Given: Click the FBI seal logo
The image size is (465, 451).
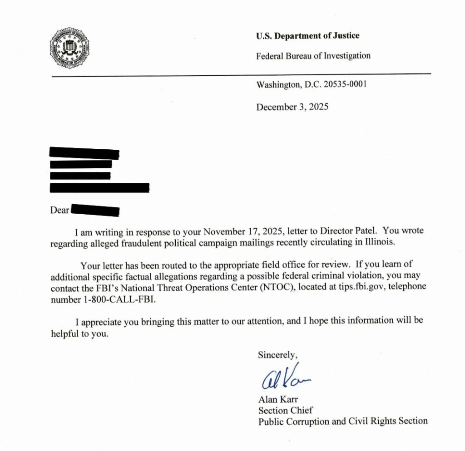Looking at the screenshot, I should point(69,48).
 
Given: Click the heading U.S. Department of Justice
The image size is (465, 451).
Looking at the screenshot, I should point(307,36).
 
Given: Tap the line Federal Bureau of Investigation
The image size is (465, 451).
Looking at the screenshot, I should point(313,56).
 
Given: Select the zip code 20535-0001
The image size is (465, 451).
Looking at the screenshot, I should point(344,84).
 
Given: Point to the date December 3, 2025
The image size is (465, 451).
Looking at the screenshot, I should point(292,107).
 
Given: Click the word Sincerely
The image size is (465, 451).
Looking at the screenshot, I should point(277,354).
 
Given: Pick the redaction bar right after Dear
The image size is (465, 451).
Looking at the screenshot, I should point(95,211).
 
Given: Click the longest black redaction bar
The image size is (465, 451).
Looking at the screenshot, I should point(99,187).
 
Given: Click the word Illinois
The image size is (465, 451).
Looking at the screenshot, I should point(381,242).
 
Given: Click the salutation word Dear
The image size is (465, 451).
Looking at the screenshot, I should point(59,210).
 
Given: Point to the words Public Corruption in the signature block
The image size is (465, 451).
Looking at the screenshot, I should point(292,421).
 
